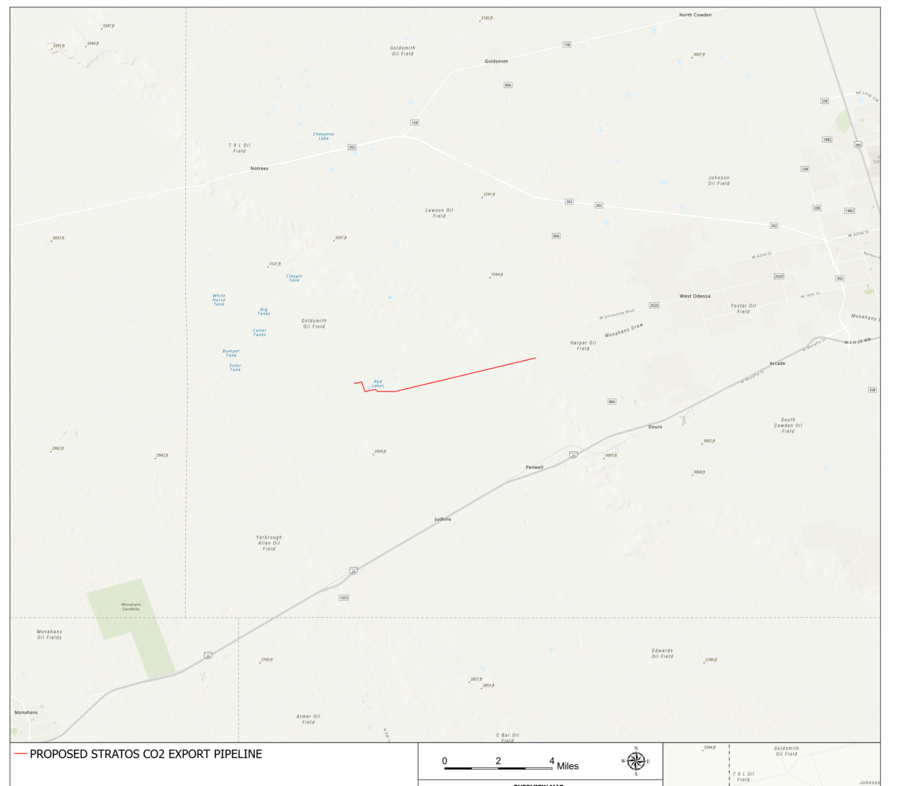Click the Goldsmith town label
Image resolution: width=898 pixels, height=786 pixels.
[x=496, y=61]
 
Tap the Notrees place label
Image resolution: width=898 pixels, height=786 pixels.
[x=259, y=168]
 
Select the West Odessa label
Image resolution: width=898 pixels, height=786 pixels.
[x=695, y=296]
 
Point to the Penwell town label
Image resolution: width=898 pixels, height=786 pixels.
[x=535, y=467]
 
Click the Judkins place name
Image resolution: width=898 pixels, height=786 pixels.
[x=442, y=519]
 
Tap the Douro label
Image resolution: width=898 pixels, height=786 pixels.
[x=655, y=427]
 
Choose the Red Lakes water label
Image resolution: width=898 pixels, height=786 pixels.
[x=378, y=384]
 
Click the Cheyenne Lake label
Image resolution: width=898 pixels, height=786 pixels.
[x=324, y=136]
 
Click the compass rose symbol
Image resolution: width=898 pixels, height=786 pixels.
[x=636, y=761]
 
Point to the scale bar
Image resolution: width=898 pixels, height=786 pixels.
[x=498, y=768]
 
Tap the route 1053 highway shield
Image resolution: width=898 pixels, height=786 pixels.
[x=344, y=598]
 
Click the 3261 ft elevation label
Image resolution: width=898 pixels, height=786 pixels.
[x=340, y=238]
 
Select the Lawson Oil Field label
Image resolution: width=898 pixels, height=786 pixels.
[x=439, y=213]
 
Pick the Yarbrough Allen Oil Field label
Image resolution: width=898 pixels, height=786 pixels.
[x=269, y=543]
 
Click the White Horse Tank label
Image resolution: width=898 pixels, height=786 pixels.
[x=219, y=300]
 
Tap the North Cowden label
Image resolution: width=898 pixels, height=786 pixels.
[x=695, y=15]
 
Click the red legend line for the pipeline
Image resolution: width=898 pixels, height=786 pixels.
[x=21, y=754]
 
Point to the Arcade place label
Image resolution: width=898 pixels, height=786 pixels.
[x=777, y=363]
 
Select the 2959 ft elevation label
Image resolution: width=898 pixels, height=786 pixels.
[x=380, y=452]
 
